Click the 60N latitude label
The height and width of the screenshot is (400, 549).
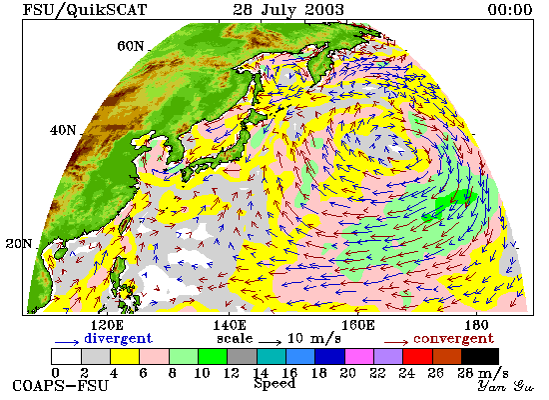(x=130, y=46)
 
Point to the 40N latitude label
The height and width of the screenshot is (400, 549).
(x=63, y=130)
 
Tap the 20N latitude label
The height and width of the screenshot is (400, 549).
(x=19, y=244)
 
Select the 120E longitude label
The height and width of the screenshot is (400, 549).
(x=107, y=325)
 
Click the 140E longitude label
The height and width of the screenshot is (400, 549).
(x=230, y=325)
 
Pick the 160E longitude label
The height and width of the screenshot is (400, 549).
(x=357, y=325)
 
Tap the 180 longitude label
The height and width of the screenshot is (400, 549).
(x=476, y=325)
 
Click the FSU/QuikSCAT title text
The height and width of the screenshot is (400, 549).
(x=85, y=10)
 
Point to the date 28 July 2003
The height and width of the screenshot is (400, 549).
(x=288, y=10)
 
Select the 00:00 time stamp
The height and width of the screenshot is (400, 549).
(x=510, y=10)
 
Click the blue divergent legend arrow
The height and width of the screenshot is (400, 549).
(x=67, y=342)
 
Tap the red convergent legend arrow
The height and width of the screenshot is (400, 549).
(x=396, y=342)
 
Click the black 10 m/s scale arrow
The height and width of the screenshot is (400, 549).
(x=270, y=342)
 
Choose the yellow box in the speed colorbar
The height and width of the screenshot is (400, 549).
(x=125, y=356)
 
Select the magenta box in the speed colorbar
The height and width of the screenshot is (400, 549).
(x=359, y=356)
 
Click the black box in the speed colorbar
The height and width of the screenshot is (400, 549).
(x=480, y=356)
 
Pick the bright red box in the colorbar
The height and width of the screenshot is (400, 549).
(x=417, y=356)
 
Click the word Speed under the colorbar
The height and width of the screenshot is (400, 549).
(x=274, y=384)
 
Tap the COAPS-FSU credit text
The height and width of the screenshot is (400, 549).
(x=61, y=386)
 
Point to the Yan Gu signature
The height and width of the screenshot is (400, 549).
(x=506, y=386)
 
